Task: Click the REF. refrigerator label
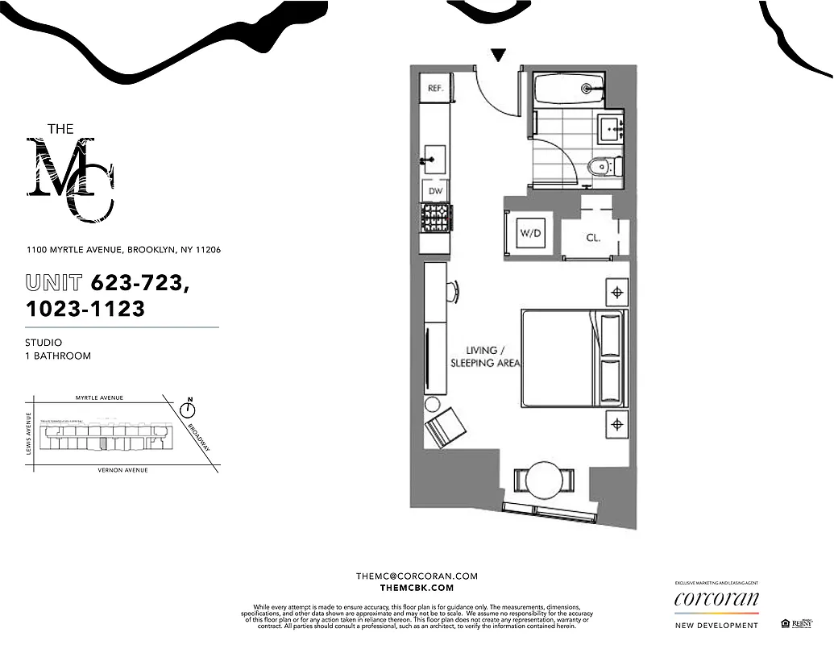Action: (435, 89)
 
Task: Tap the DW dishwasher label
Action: (435, 191)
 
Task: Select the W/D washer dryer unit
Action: (529, 234)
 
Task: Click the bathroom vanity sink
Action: (610, 127)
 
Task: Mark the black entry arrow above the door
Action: (499, 56)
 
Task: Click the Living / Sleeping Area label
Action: (492, 356)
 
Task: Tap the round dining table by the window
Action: (544, 481)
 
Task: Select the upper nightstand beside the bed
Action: (617, 292)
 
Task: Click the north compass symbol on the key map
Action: (189, 410)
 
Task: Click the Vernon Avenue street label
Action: (122, 470)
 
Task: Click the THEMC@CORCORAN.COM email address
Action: (417, 576)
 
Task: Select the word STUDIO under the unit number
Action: (44, 343)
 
